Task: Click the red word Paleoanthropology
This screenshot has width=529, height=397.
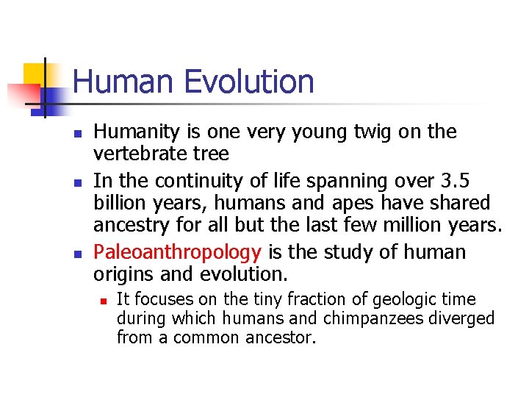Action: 177,252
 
